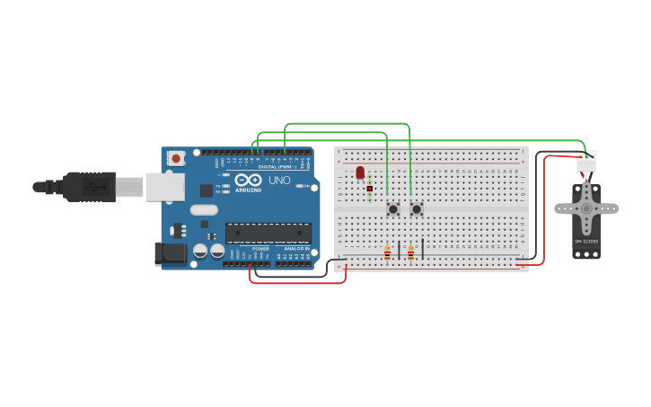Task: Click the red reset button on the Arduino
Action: coord(176,158)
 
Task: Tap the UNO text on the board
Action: coord(279,181)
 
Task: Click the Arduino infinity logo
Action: coord(247,181)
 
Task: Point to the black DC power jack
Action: coord(170,253)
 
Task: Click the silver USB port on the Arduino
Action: coord(164,187)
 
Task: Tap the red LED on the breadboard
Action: coord(360,173)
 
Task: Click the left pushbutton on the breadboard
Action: coord(392,208)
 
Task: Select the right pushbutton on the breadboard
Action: coord(417,208)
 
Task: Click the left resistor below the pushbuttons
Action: coord(387,253)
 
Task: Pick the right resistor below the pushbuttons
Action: coord(410,253)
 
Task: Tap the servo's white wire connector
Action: coord(585,160)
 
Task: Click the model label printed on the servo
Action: coord(585,241)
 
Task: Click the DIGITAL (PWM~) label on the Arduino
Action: coord(273,167)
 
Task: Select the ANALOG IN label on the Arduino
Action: coord(294,248)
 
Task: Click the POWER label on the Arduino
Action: coord(260,248)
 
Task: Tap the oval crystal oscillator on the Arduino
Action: coord(204,209)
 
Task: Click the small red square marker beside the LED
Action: coord(369,189)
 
